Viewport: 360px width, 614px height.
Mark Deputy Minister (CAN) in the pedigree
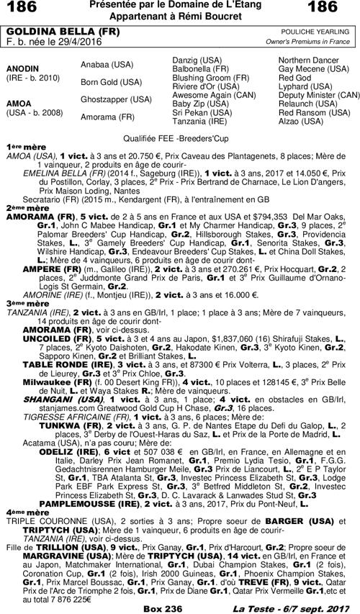[x=318, y=95]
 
